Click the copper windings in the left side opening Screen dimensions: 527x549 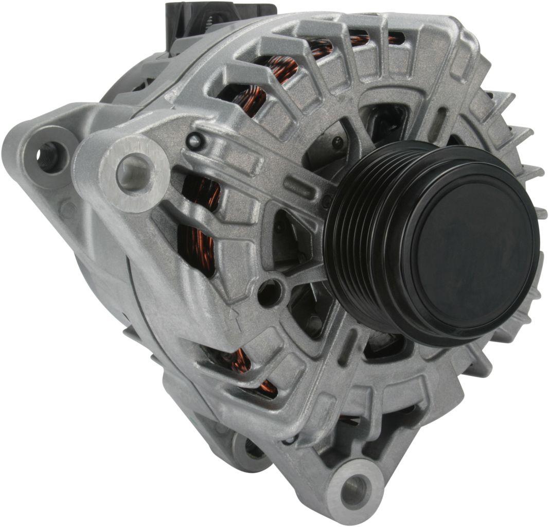[x=198, y=226]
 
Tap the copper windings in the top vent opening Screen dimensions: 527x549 [x=273, y=72]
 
